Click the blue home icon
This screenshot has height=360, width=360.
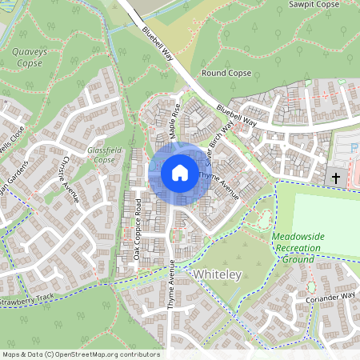click(x=179, y=172)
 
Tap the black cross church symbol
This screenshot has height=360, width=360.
click(x=336, y=178)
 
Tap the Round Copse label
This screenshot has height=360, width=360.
click(x=226, y=73)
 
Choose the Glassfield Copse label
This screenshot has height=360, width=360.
click(x=101, y=154)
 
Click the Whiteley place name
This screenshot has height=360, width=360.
click(x=218, y=274)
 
